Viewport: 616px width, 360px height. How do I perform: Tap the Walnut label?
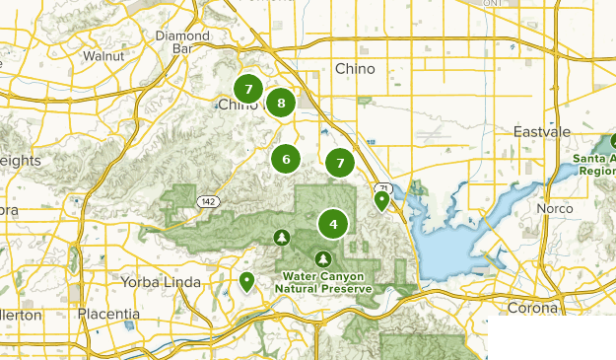(x=103, y=56)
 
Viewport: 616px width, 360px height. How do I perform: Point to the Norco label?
(x=554, y=210)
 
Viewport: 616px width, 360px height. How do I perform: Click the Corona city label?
(x=532, y=307)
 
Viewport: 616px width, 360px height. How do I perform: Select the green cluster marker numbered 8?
(x=282, y=103)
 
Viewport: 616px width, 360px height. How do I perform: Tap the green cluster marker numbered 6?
(x=286, y=158)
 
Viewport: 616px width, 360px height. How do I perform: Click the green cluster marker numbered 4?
(x=333, y=224)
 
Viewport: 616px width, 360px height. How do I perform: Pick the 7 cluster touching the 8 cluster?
(x=248, y=89)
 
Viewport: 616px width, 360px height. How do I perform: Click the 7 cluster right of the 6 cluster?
(x=340, y=163)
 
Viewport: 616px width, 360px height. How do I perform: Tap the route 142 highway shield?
(x=208, y=200)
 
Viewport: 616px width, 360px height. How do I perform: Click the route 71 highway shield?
(x=380, y=187)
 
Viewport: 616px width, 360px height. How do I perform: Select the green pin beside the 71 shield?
(x=381, y=201)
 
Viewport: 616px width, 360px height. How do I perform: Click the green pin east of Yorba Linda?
(x=246, y=282)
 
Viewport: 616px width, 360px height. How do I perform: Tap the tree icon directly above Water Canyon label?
(x=322, y=258)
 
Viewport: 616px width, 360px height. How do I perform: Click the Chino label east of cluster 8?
(x=355, y=69)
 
